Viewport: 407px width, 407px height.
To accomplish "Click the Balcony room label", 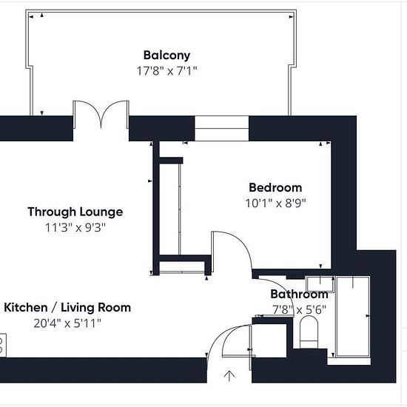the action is click(166, 55).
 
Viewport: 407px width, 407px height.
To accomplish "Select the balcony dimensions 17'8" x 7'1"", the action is click(167, 71).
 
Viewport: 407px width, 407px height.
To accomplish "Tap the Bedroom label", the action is click(275, 188).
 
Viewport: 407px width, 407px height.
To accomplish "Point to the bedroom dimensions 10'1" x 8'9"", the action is click(276, 203).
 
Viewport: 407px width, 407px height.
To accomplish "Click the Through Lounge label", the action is click(75, 212).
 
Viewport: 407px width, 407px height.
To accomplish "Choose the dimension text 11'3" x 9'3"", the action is click(75, 228).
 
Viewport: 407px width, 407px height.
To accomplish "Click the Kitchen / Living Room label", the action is click(67, 308).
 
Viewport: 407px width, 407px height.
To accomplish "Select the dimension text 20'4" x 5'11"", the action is click(67, 323).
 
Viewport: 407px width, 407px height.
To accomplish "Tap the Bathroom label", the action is click(299, 294).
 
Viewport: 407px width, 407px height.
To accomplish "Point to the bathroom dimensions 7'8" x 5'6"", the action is click(299, 309).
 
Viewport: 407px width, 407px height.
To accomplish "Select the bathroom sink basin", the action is click(320, 284).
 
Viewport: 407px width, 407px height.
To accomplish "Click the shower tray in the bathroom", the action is click(353, 317).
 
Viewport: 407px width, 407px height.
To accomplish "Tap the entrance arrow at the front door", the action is click(229, 376).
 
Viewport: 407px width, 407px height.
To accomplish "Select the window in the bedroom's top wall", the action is click(222, 129).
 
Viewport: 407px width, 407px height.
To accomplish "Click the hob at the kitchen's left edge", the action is click(3, 346).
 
